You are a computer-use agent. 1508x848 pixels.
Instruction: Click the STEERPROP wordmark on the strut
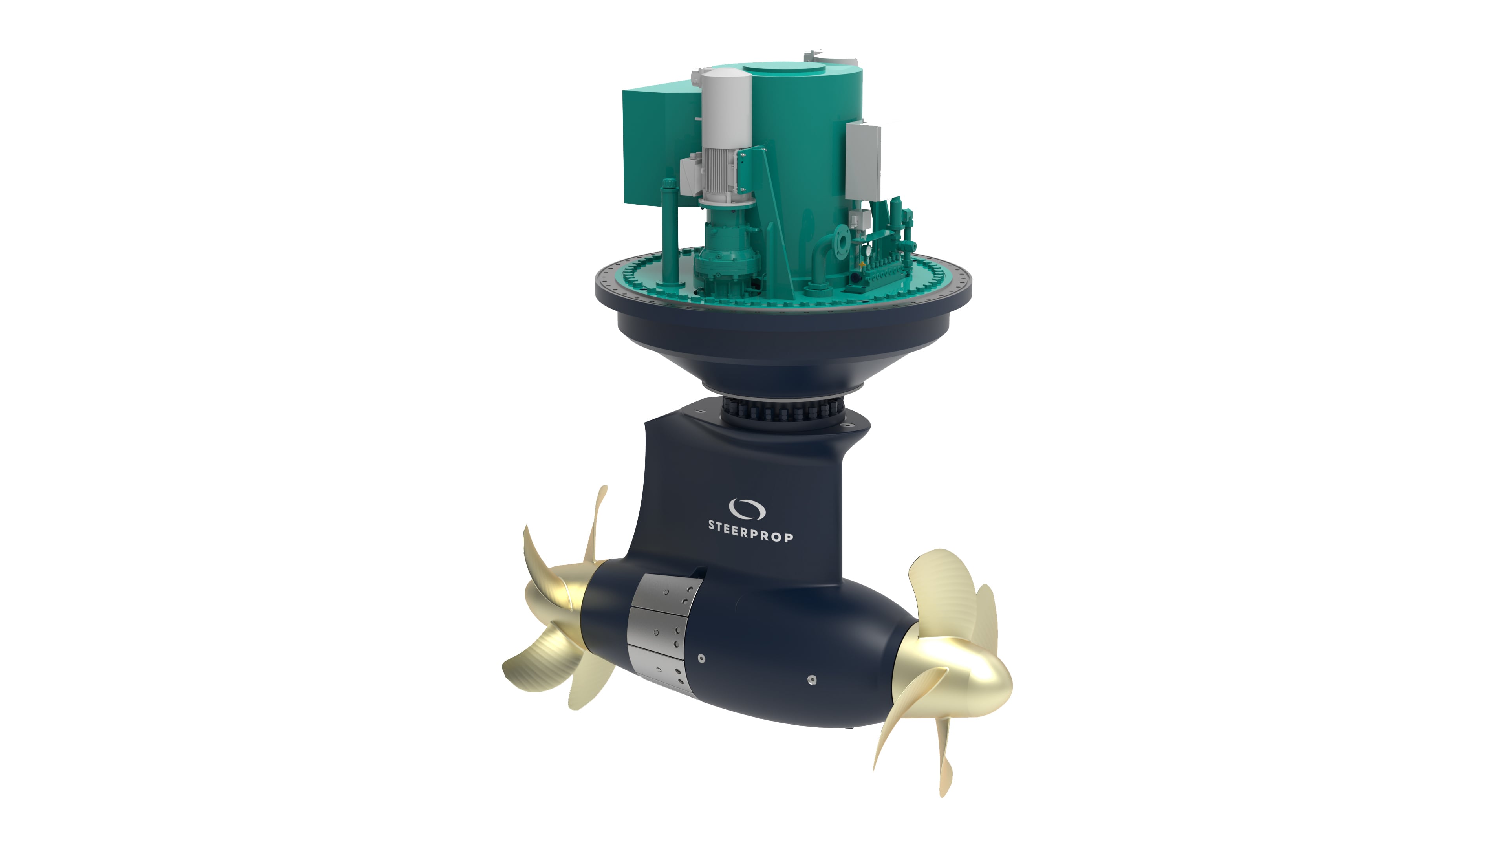tap(751, 531)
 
